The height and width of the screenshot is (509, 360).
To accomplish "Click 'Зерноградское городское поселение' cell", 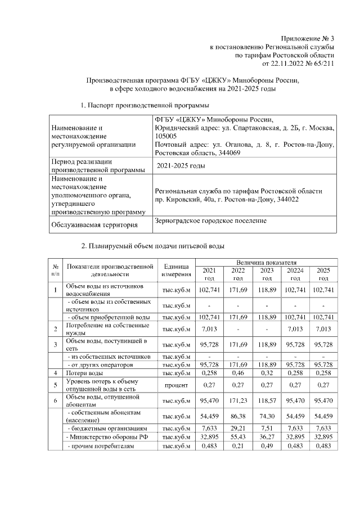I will coord(210,221).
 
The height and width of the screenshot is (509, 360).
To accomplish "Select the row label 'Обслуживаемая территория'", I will coord(94,225).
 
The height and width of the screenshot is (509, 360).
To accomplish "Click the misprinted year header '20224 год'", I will coord(296,274).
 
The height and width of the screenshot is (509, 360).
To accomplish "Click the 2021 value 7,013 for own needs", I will coord(209,328).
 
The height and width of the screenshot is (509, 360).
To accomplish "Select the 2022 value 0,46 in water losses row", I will coord(238,372).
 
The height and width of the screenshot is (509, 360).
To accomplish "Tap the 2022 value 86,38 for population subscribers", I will coord(238,417).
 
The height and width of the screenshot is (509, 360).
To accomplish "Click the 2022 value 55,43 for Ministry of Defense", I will coord(238,436).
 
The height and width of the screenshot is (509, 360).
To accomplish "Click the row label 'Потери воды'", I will coord(84,373).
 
